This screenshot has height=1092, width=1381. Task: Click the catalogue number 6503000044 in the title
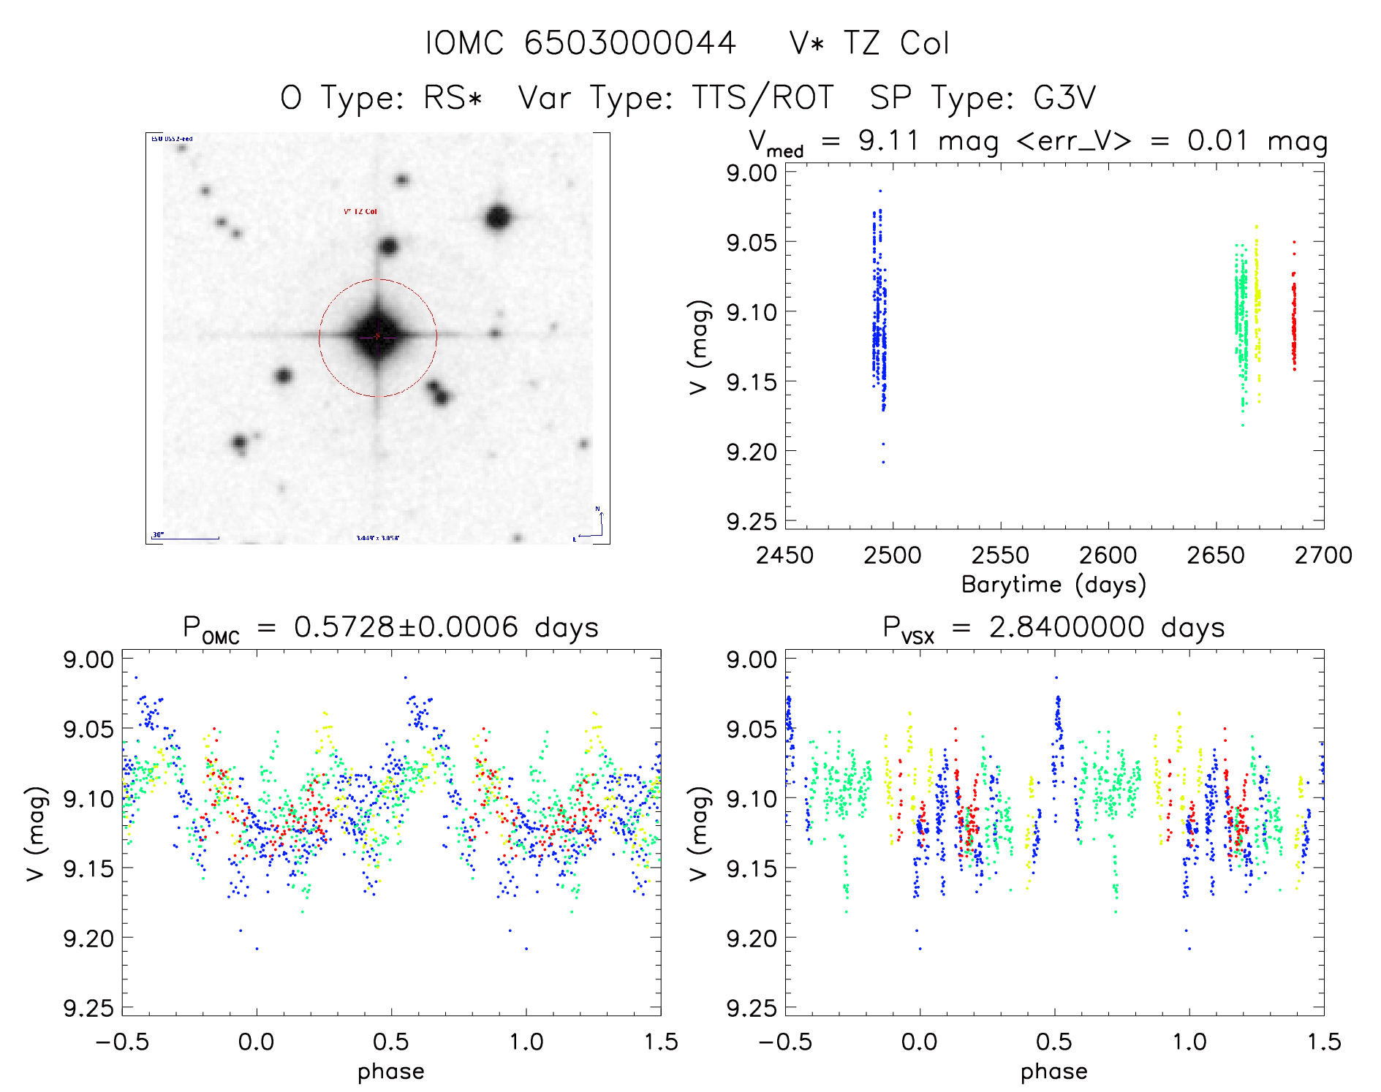pyautogui.click(x=629, y=43)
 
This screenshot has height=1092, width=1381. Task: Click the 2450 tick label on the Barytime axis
pyautogui.click(x=784, y=556)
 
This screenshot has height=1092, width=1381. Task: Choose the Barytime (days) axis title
pyautogui.click(x=1053, y=585)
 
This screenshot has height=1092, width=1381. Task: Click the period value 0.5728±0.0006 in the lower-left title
pyautogui.click(x=406, y=627)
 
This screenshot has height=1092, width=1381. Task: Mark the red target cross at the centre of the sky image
pyautogui.click(x=377, y=336)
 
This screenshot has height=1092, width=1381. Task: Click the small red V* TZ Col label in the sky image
pyautogui.click(x=360, y=212)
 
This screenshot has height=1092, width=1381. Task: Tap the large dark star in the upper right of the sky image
pyautogui.click(x=498, y=218)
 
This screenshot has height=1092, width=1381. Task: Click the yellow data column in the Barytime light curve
pyautogui.click(x=1257, y=307)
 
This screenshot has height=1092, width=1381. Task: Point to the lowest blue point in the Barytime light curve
pyautogui.click(x=883, y=462)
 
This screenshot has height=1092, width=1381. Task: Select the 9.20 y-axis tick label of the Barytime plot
pyautogui.click(x=752, y=452)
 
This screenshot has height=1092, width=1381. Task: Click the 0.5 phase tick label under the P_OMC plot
pyautogui.click(x=391, y=1042)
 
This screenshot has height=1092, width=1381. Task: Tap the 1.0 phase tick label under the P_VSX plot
pyautogui.click(x=1189, y=1042)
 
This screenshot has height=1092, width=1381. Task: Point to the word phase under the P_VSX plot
pyautogui.click(x=1053, y=1072)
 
